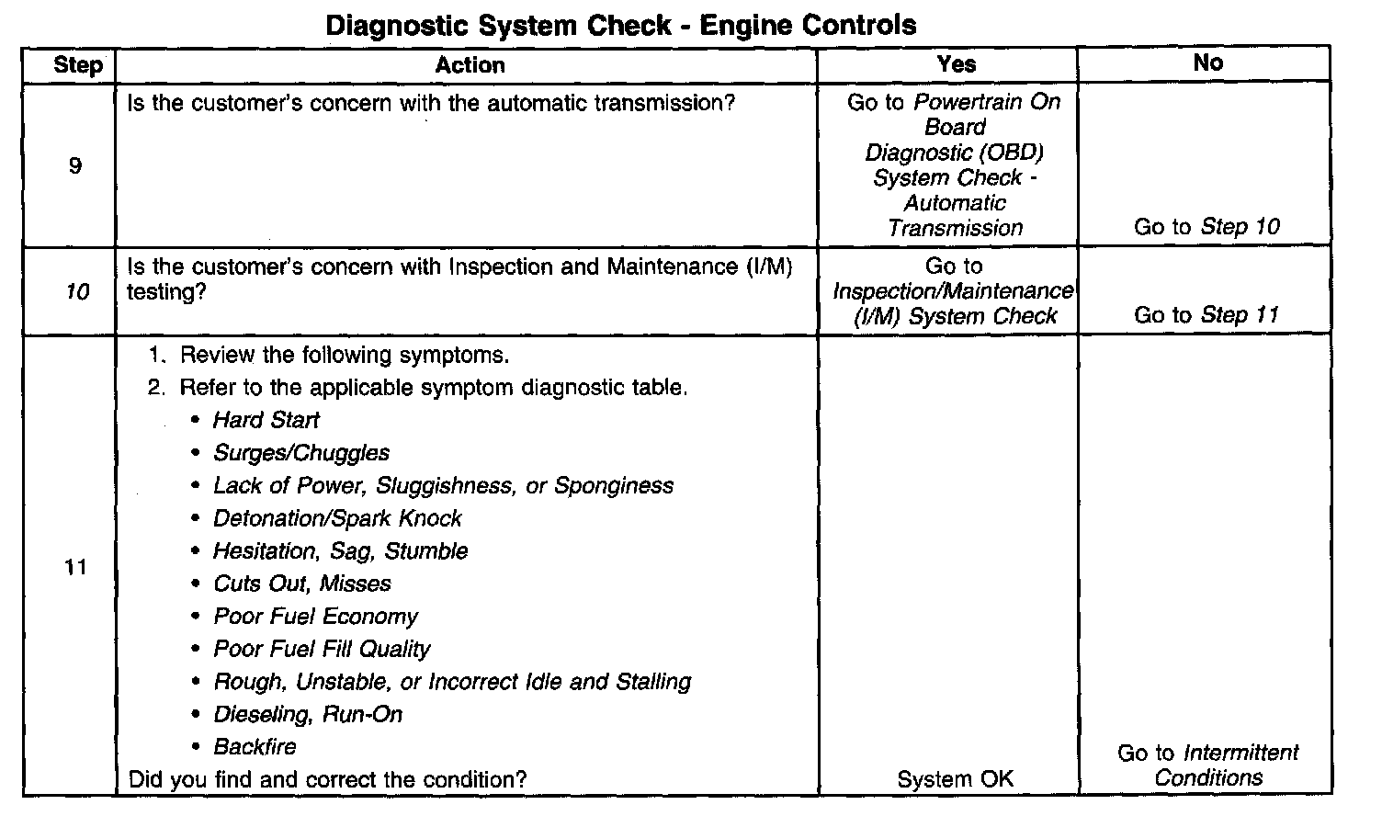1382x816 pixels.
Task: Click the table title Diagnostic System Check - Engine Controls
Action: [x=621, y=25]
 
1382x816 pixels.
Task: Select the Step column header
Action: [x=78, y=64]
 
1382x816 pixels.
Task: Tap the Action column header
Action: [x=470, y=64]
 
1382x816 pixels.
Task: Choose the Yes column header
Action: [x=956, y=63]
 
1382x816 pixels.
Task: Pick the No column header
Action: [x=1207, y=62]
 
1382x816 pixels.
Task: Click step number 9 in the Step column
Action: [x=75, y=166]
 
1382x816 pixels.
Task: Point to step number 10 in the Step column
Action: [x=78, y=292]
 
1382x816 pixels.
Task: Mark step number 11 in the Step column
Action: [x=75, y=567]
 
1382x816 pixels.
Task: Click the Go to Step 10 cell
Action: [x=1206, y=227]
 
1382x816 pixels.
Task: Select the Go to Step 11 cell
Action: [x=1206, y=315]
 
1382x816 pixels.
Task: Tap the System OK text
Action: [x=955, y=779]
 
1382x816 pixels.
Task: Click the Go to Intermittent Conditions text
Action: [x=1207, y=765]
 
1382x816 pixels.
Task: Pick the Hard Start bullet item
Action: [x=266, y=420]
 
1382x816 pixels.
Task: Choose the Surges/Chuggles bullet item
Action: [x=301, y=453]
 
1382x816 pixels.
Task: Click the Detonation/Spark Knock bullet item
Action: [x=337, y=518]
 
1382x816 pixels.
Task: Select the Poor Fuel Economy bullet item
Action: [x=315, y=616]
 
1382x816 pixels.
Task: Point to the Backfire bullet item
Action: [x=255, y=746]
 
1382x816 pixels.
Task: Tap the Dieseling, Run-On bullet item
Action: [x=308, y=714]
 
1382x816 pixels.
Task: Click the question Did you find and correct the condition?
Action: [x=327, y=779]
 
